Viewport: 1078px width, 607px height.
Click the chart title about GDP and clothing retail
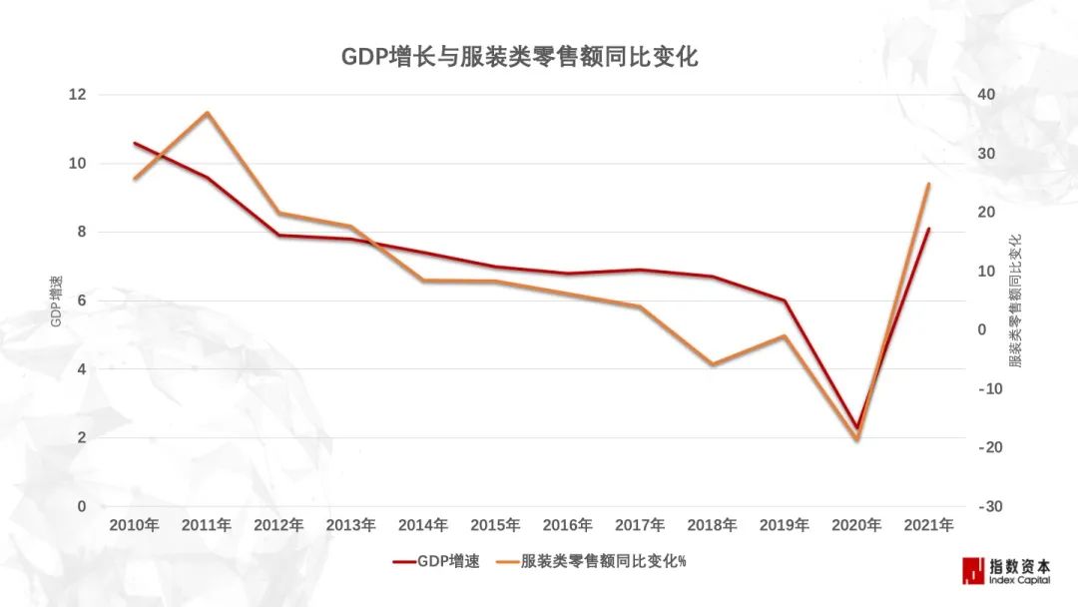pos(519,57)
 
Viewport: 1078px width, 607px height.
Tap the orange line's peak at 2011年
pos(207,113)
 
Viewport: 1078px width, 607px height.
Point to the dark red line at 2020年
pos(856,427)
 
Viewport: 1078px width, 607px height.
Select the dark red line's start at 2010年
pos(135,143)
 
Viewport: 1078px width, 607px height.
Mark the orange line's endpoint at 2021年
pos(928,185)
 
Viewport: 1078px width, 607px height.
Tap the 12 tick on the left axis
pos(77,95)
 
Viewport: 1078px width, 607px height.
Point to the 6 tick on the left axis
pos(81,301)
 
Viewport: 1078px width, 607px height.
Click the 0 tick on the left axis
pos(81,507)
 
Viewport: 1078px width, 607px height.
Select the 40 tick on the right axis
pos(987,95)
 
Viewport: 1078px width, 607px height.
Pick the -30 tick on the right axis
pos(988,507)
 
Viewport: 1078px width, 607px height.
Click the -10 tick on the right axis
pos(988,389)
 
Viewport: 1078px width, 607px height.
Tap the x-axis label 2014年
pos(423,525)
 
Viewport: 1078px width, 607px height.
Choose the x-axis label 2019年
pos(785,525)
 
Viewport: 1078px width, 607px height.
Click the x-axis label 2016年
pos(568,525)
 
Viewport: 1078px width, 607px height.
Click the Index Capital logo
pos(1006,570)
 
